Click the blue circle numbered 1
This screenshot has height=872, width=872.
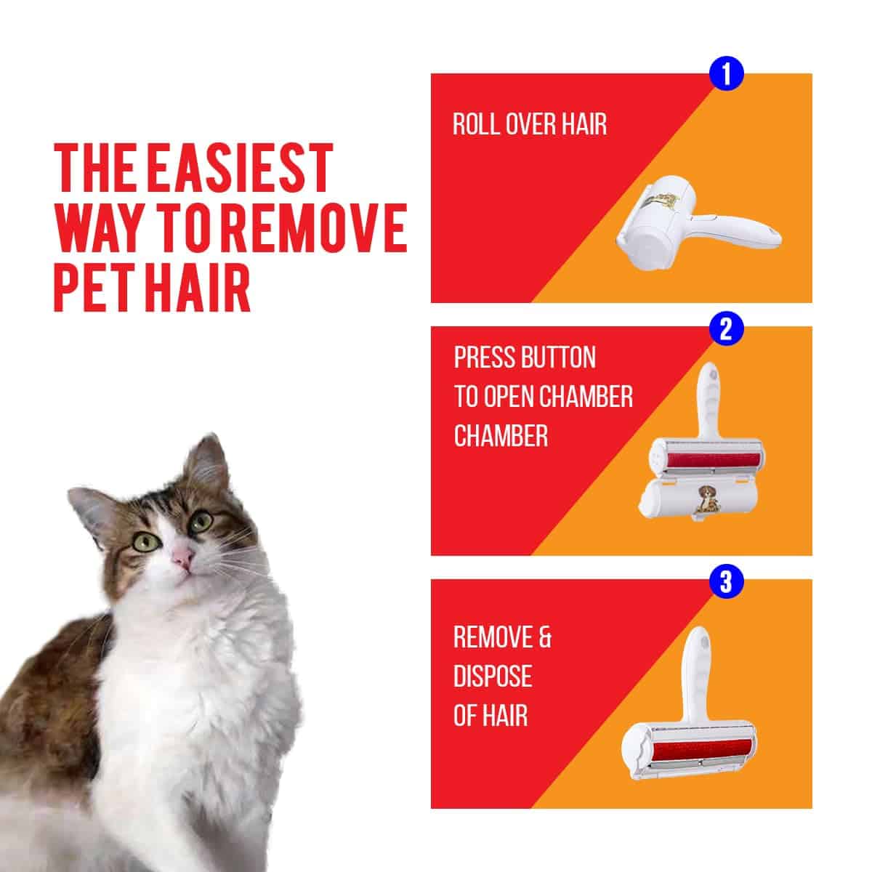click(x=727, y=74)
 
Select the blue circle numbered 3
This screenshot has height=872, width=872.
click(x=726, y=581)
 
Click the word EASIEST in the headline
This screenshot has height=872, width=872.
click(x=241, y=169)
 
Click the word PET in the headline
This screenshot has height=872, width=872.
click(x=97, y=286)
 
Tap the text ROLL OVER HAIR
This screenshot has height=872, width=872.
click(x=530, y=124)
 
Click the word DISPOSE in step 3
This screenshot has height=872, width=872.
click(x=493, y=676)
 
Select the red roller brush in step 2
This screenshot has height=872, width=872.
click(x=712, y=461)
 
